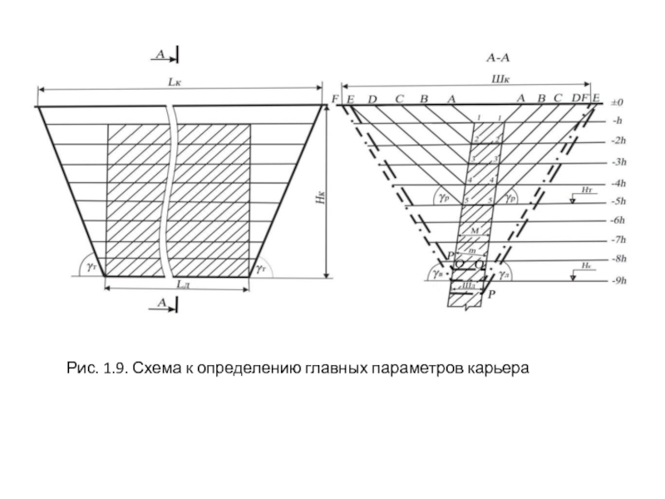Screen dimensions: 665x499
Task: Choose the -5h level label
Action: coord(618,201)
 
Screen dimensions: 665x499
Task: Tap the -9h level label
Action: coord(618,281)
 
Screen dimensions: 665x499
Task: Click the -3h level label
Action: coord(618,161)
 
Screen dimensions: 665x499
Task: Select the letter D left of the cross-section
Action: coord(372,100)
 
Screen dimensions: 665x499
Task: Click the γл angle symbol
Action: coord(505,273)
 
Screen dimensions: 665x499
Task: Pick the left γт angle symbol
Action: coord(90,268)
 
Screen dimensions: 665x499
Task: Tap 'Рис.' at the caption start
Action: coord(81,367)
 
